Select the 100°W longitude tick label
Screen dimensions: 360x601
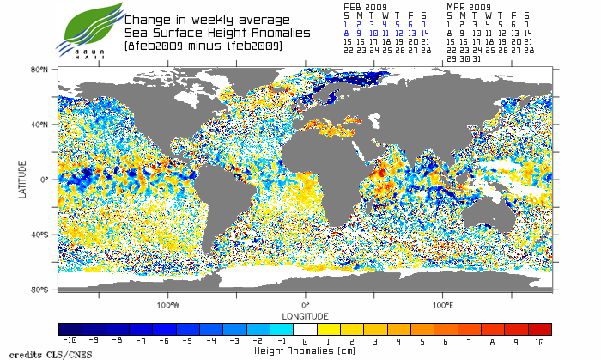168,305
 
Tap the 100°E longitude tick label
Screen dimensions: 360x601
443,305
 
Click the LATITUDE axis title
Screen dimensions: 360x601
24,180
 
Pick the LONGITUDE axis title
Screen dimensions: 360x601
305,314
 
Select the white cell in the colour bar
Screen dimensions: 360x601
307,329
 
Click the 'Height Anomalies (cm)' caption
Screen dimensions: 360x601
305,351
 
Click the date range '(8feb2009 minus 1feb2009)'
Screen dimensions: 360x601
203,45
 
